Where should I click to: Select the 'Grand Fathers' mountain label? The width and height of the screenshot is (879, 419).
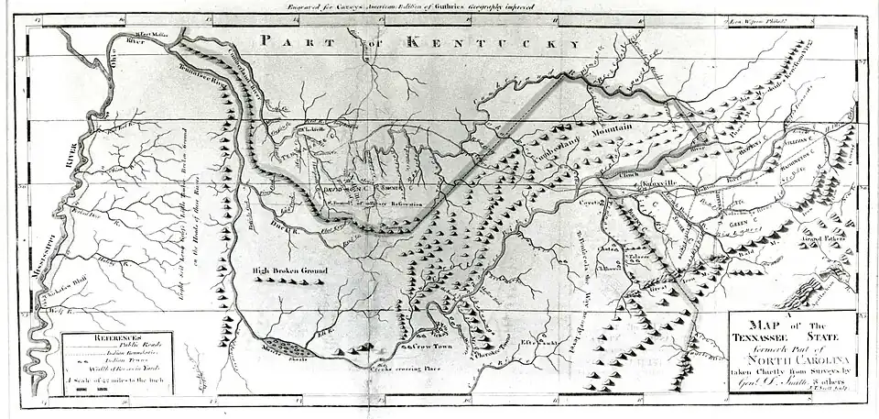click(x=821, y=241)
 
